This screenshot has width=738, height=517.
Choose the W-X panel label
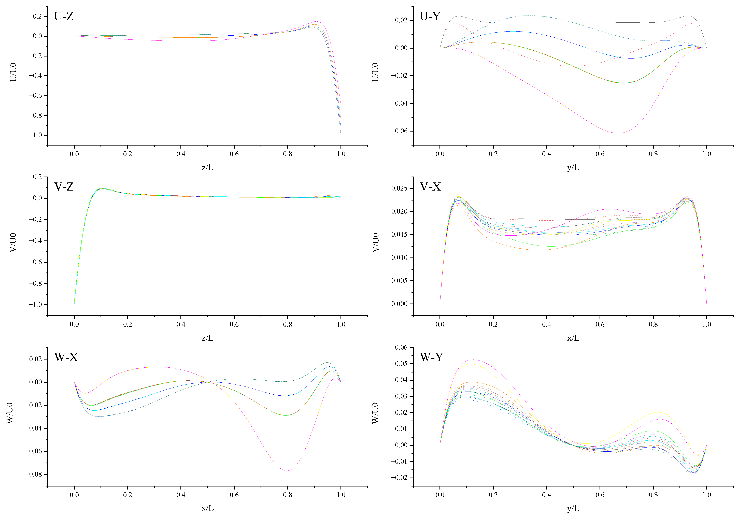(66, 357)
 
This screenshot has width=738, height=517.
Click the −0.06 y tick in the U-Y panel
(399, 131)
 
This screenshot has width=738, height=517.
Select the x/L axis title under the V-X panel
(573, 338)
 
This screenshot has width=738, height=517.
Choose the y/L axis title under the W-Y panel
(573, 508)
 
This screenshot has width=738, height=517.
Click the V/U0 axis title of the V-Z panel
(13, 243)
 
